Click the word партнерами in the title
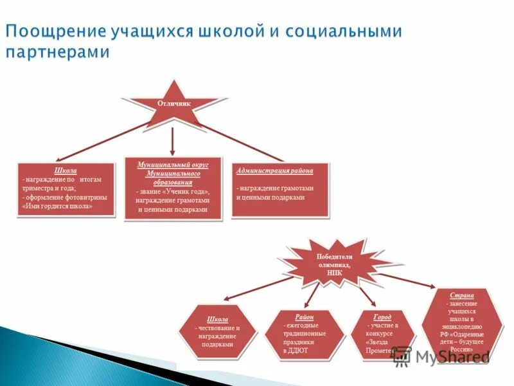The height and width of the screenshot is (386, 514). click(58, 53)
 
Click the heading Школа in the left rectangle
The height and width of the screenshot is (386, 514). click(66, 170)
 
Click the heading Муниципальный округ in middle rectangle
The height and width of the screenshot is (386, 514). click(172, 165)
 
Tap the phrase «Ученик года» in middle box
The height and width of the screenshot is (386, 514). click(186, 192)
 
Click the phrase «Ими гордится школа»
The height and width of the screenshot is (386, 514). click(57, 207)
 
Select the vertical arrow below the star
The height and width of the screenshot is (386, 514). click(173, 141)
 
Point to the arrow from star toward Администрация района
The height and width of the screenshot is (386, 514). click(244, 142)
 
